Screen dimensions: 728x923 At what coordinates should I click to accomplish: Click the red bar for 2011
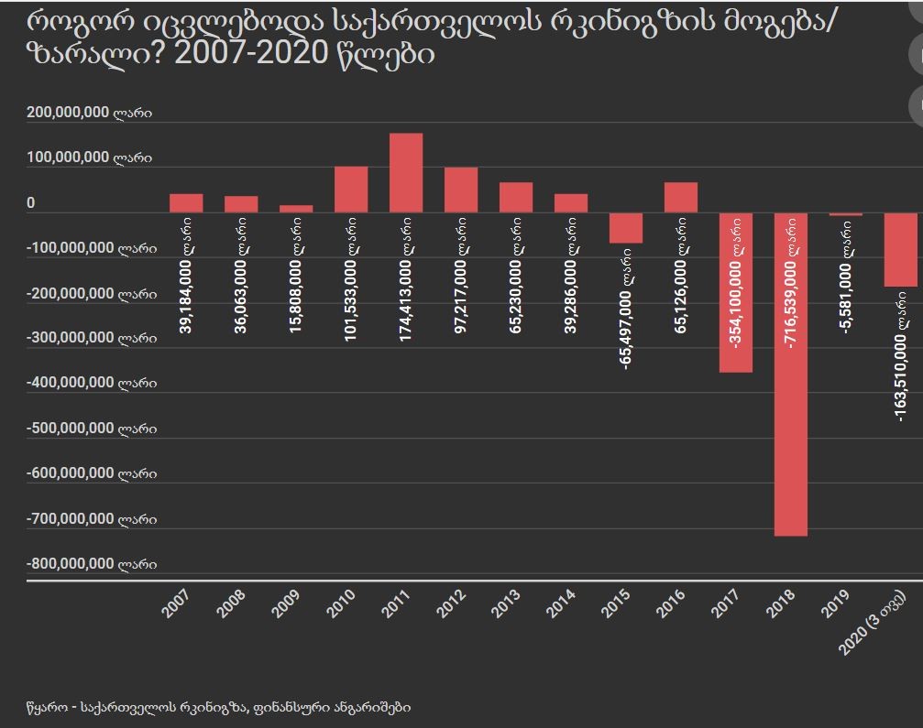point(406,173)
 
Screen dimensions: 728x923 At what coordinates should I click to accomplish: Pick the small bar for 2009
point(296,209)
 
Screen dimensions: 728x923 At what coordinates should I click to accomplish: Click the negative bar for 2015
point(626,228)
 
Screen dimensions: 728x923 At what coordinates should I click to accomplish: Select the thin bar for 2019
point(846,214)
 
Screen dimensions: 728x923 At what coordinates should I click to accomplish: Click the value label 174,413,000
point(406,285)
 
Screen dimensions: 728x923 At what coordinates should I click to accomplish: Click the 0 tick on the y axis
point(31,203)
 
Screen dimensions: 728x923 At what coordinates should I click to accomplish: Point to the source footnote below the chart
point(219,707)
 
